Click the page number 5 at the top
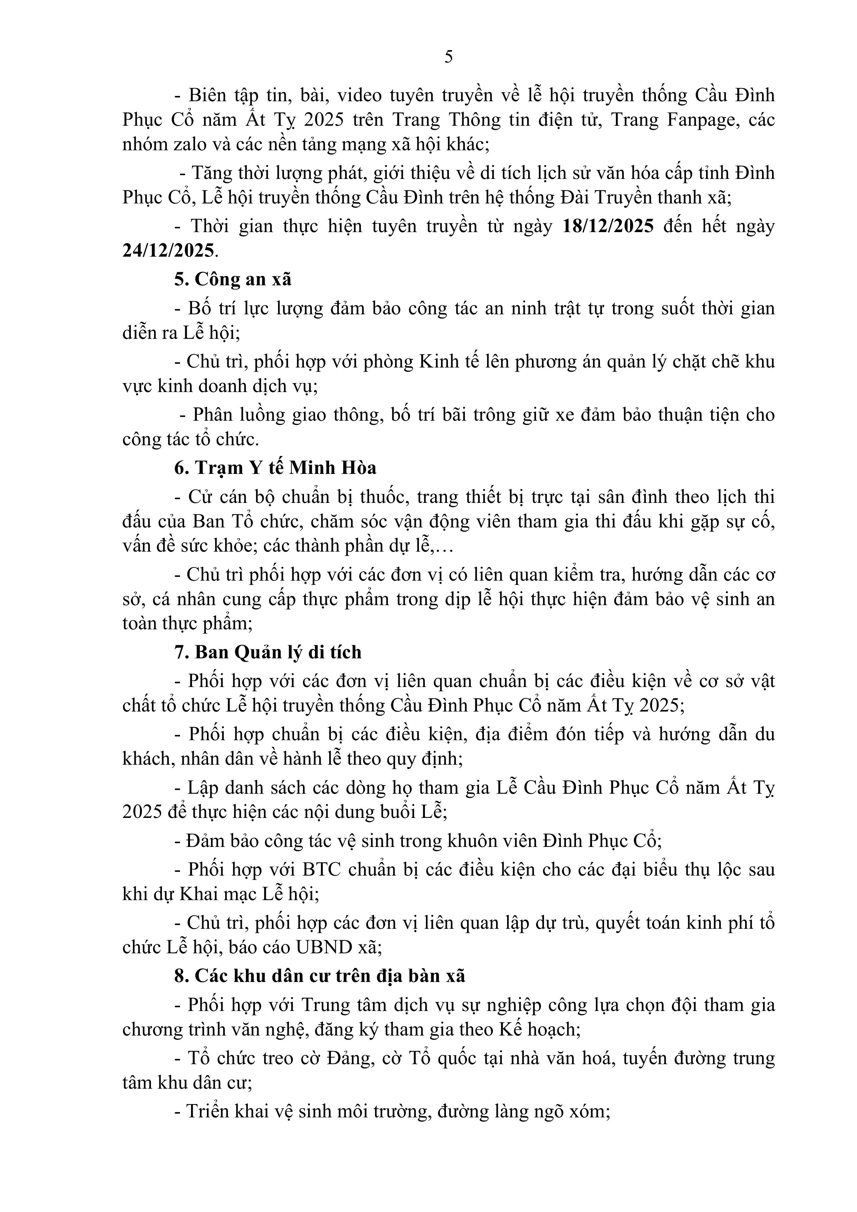448,57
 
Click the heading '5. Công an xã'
233,279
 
